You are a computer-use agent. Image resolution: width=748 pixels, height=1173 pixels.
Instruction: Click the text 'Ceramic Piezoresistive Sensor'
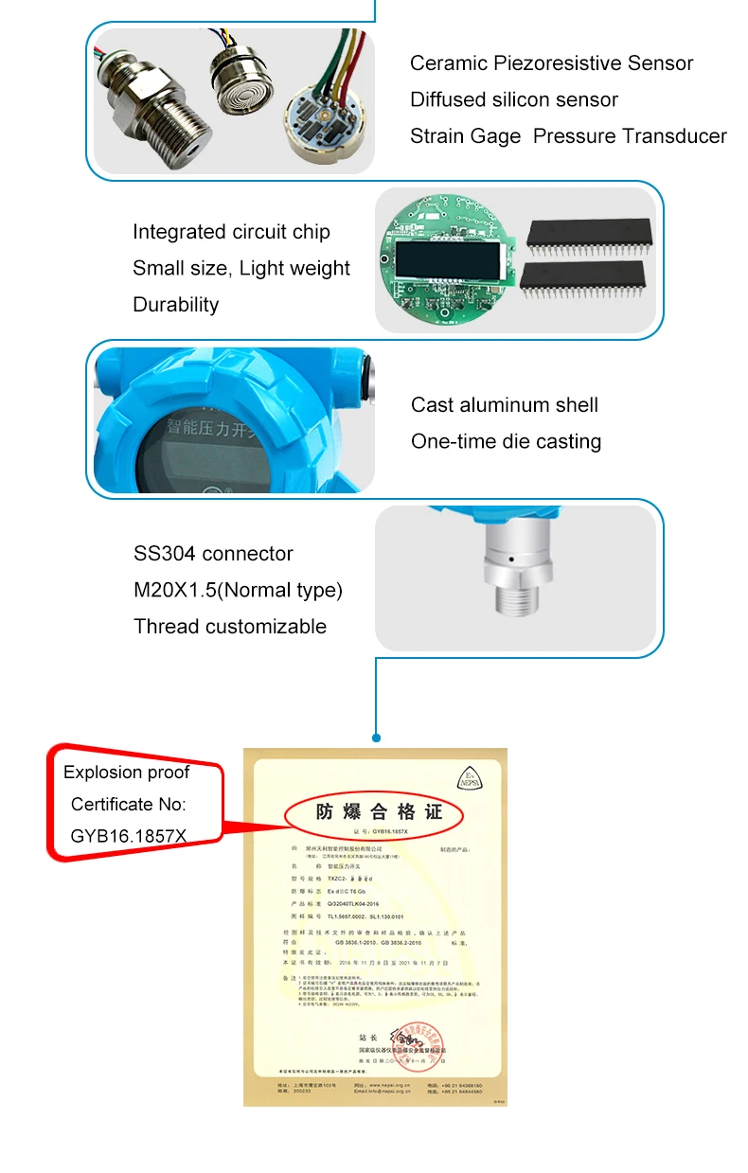pos(551,63)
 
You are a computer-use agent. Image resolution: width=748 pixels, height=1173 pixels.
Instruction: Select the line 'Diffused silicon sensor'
pos(513,99)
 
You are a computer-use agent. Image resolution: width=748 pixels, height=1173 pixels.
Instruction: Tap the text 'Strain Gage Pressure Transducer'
pos(568,136)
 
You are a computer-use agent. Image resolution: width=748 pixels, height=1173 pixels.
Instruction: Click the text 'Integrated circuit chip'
pos(231,232)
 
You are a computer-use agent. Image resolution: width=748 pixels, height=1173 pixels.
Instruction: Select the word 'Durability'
pos(175,305)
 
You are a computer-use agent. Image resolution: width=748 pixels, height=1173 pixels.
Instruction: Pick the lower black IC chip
pos(583,279)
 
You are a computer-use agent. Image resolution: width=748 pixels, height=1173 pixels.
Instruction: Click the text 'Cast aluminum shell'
pos(504,405)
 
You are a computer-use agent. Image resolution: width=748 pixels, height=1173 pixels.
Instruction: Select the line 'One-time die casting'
pos(506,441)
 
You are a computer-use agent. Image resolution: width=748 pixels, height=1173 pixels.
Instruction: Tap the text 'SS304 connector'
pos(213,554)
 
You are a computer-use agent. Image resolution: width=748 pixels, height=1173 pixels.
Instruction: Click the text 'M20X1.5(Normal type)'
pos(238,590)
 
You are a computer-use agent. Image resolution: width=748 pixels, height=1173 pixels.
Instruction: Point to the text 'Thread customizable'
pos(230,627)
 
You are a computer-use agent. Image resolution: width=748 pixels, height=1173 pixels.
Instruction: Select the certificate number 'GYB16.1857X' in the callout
pos(129,836)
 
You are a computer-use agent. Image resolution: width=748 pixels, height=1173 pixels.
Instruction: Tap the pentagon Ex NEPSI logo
pos(469,775)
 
